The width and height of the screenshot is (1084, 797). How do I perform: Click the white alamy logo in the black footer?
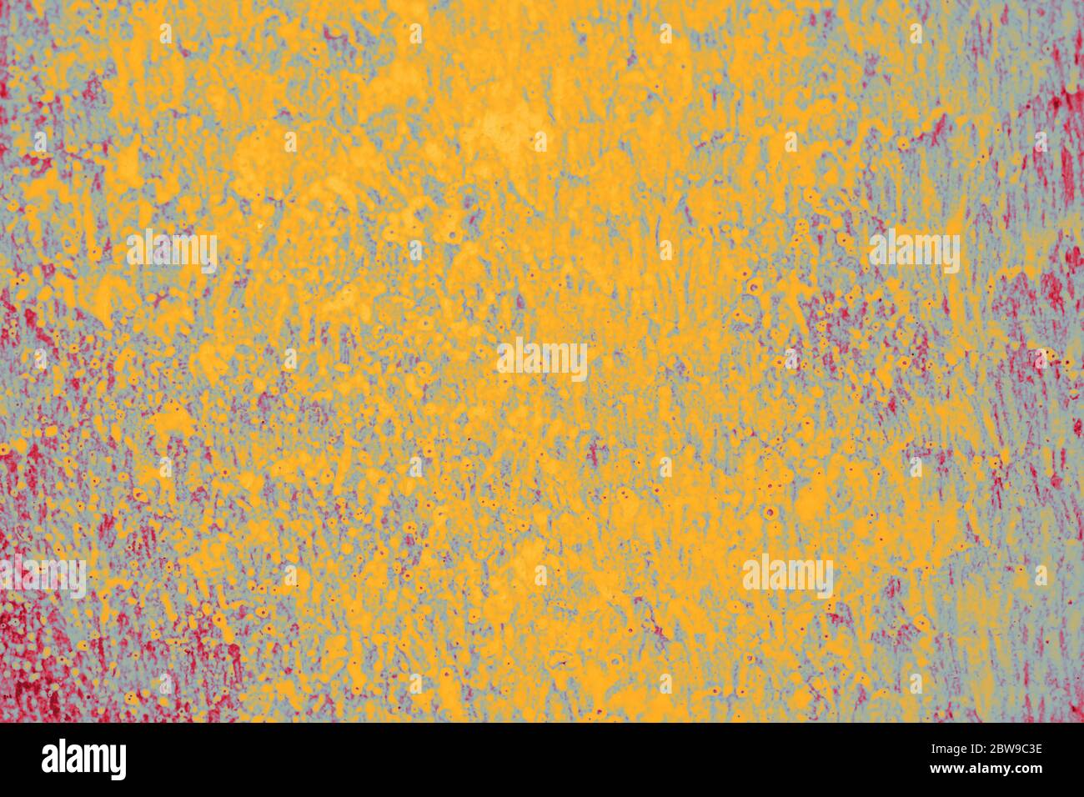click(84, 759)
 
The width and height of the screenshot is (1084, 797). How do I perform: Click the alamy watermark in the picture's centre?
click(542, 360)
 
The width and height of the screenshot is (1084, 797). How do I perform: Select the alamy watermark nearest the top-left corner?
click(172, 251)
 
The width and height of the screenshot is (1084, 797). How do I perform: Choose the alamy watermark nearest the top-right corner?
click(914, 251)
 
